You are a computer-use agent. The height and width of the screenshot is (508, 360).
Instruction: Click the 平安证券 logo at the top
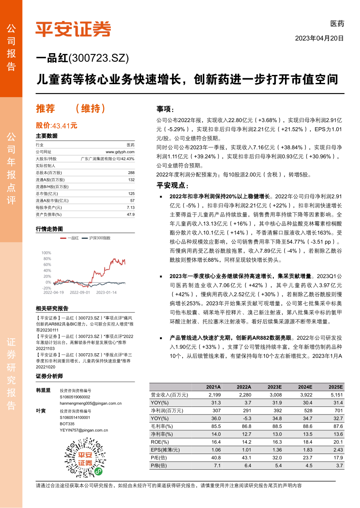pos(73,29)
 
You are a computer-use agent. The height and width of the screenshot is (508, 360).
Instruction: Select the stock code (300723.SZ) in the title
pos(99,59)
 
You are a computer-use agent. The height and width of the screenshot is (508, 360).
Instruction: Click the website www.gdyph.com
pos(120,151)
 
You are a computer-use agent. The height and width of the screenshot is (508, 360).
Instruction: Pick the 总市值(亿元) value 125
pos(131,194)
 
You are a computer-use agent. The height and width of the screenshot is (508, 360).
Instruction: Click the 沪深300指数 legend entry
pos(100,238)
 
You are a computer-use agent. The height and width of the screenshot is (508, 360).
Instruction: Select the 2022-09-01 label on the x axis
pos(80,292)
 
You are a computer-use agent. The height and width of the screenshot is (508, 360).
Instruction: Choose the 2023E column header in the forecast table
pos(274,387)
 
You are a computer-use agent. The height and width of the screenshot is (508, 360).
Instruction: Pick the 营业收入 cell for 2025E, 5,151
pos(335,395)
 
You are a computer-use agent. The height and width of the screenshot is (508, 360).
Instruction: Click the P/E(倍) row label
pos(159,458)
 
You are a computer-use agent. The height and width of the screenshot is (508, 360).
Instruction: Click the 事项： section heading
pos(165,109)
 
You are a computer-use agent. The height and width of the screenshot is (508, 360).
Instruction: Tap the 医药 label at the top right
pos(337,24)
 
